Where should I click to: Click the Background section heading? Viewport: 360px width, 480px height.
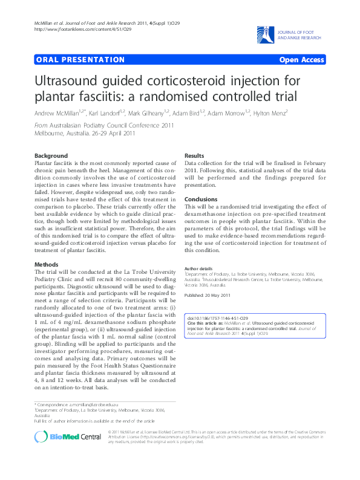(51, 155)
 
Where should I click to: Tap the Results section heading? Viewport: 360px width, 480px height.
(194, 155)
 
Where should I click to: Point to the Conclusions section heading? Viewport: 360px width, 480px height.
(200, 199)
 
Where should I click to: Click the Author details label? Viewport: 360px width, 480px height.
(198, 268)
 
